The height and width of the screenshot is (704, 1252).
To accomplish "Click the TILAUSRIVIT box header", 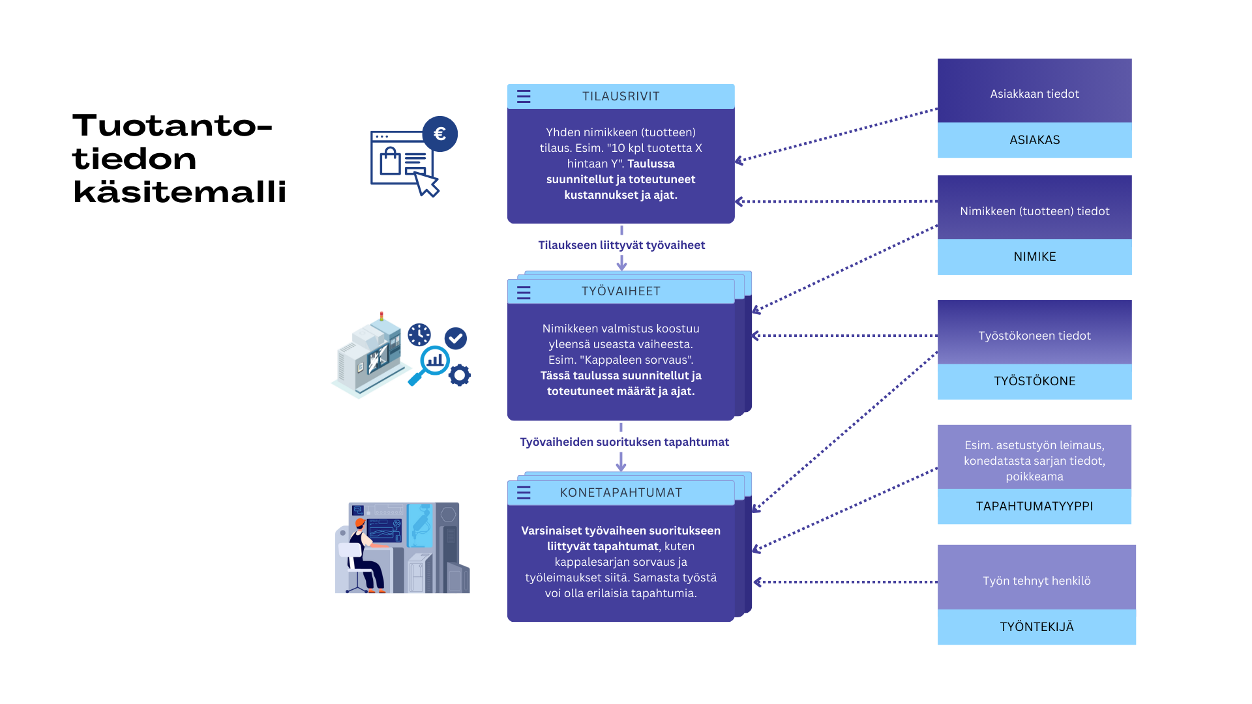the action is (621, 96).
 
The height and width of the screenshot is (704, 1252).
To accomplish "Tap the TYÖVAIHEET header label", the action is (621, 291).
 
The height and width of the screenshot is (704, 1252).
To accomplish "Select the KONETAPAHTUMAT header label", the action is (621, 493).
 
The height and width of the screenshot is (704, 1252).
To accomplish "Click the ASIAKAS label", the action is (1035, 140).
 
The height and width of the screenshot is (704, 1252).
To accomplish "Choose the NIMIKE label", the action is (1035, 257).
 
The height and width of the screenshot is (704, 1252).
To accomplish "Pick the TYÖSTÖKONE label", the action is (1035, 381).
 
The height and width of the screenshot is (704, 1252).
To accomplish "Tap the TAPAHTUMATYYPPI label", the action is (1035, 506).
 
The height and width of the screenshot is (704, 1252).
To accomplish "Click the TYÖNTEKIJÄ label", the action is (1037, 627).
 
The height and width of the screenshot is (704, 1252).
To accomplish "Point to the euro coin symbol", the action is (440, 134).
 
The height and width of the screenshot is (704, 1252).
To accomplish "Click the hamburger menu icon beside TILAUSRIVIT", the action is (524, 96).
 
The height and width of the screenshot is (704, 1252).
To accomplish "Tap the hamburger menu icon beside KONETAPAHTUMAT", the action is (524, 493).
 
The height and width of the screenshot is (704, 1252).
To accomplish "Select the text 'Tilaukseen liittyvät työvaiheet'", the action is (621, 245).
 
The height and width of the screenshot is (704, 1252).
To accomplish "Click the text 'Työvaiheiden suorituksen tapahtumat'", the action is (624, 442).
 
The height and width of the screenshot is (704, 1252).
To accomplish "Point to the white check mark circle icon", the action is (456, 338).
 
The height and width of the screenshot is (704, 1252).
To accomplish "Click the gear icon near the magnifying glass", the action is (460, 375).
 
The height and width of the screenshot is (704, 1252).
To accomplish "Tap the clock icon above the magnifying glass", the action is (419, 335).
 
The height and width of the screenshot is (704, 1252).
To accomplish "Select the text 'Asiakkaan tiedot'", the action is (1035, 94).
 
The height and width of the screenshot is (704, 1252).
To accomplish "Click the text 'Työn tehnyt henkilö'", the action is (1037, 581).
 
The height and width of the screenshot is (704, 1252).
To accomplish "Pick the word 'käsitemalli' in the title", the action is (180, 192).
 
